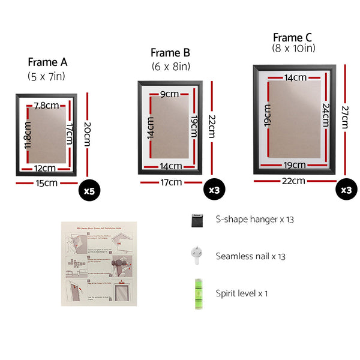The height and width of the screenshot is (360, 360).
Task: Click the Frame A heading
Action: coord(47,62)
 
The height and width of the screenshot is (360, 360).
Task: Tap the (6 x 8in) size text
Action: coord(170,67)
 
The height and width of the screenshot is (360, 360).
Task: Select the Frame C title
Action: coord(293,37)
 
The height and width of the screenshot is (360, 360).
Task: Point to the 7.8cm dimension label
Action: coord(46,106)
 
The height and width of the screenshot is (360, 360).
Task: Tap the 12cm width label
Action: coord(46,167)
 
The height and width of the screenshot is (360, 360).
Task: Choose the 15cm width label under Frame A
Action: coord(46,183)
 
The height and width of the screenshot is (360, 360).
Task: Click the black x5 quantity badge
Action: coord(89,191)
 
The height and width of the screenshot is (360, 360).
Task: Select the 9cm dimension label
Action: coord(169,94)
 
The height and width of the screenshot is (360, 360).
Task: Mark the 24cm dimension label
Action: coord(325,114)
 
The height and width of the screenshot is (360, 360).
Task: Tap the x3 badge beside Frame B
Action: coord(214,190)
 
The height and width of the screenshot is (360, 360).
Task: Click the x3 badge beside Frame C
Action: coord(346,190)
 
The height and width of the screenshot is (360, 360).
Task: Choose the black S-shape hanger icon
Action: coord(196,220)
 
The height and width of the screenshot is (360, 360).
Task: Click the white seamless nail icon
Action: coord(196,255)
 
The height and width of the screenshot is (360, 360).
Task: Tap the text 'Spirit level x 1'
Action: coord(242,293)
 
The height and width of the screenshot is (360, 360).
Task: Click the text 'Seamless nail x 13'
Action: coord(250,256)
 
